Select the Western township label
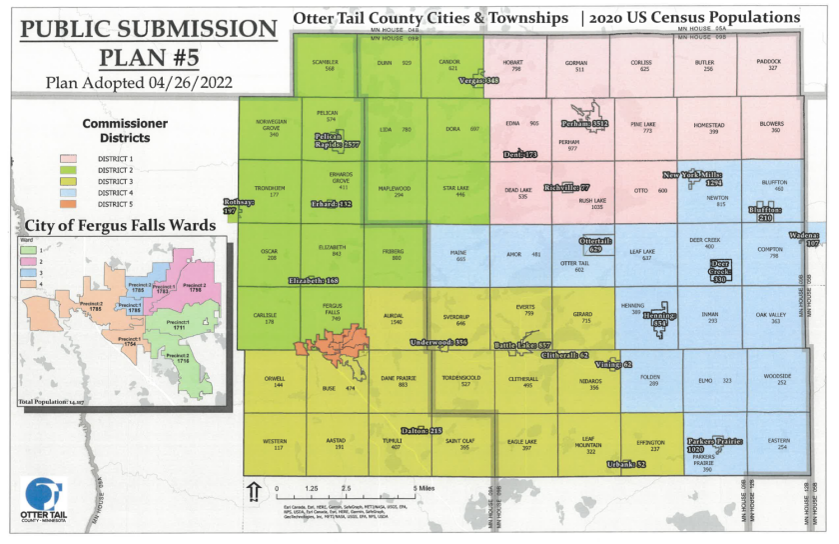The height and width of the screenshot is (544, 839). [x=274, y=443]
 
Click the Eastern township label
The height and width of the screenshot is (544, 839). [x=778, y=443]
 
